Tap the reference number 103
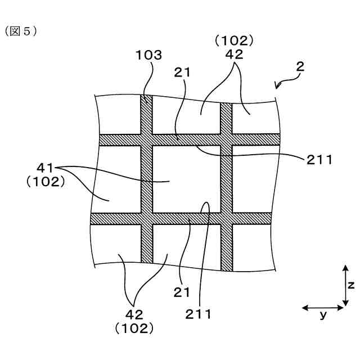point(148,55)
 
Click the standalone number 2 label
point(300,66)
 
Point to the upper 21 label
point(182,73)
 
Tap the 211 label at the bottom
point(200,314)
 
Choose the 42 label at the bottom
point(135,314)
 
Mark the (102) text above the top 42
point(235,40)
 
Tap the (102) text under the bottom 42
point(134,327)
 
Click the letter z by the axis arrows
point(350,286)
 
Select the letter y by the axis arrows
point(323,315)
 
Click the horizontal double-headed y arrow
point(323,307)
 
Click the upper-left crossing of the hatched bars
point(146,140)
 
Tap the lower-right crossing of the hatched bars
point(226,218)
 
